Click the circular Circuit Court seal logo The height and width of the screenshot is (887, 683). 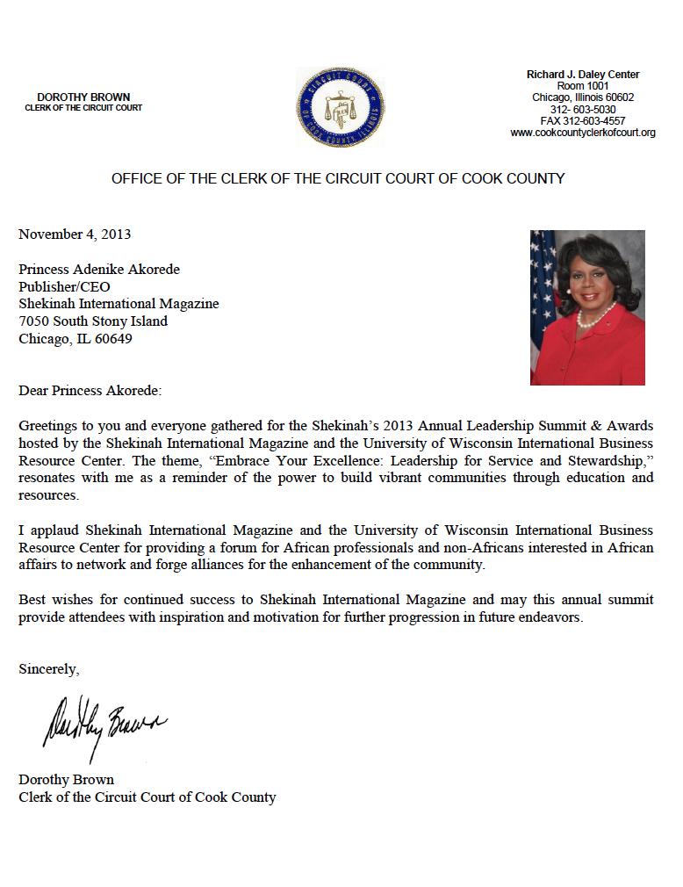tap(340, 108)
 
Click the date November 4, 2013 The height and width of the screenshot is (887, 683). tap(75, 234)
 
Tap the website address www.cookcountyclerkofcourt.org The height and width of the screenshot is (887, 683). tap(583, 133)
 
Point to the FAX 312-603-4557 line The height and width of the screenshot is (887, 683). tap(583, 121)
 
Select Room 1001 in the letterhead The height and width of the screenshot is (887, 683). tap(583, 86)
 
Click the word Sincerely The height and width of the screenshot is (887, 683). tap(49, 669)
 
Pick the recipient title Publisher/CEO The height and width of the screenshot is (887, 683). tap(65, 286)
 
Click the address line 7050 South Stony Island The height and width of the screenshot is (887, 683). tap(93, 321)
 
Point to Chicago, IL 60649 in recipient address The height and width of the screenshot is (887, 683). tap(75, 339)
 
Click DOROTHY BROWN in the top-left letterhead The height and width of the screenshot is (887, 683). tap(83, 97)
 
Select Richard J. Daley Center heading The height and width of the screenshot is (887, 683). tap(583, 75)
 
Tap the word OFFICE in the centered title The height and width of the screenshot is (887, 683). tap(136, 178)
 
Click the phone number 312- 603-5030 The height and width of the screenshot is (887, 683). tap(583, 110)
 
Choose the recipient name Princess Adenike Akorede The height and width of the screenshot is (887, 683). tap(99, 269)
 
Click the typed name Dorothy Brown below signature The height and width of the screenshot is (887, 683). tap(67, 780)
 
